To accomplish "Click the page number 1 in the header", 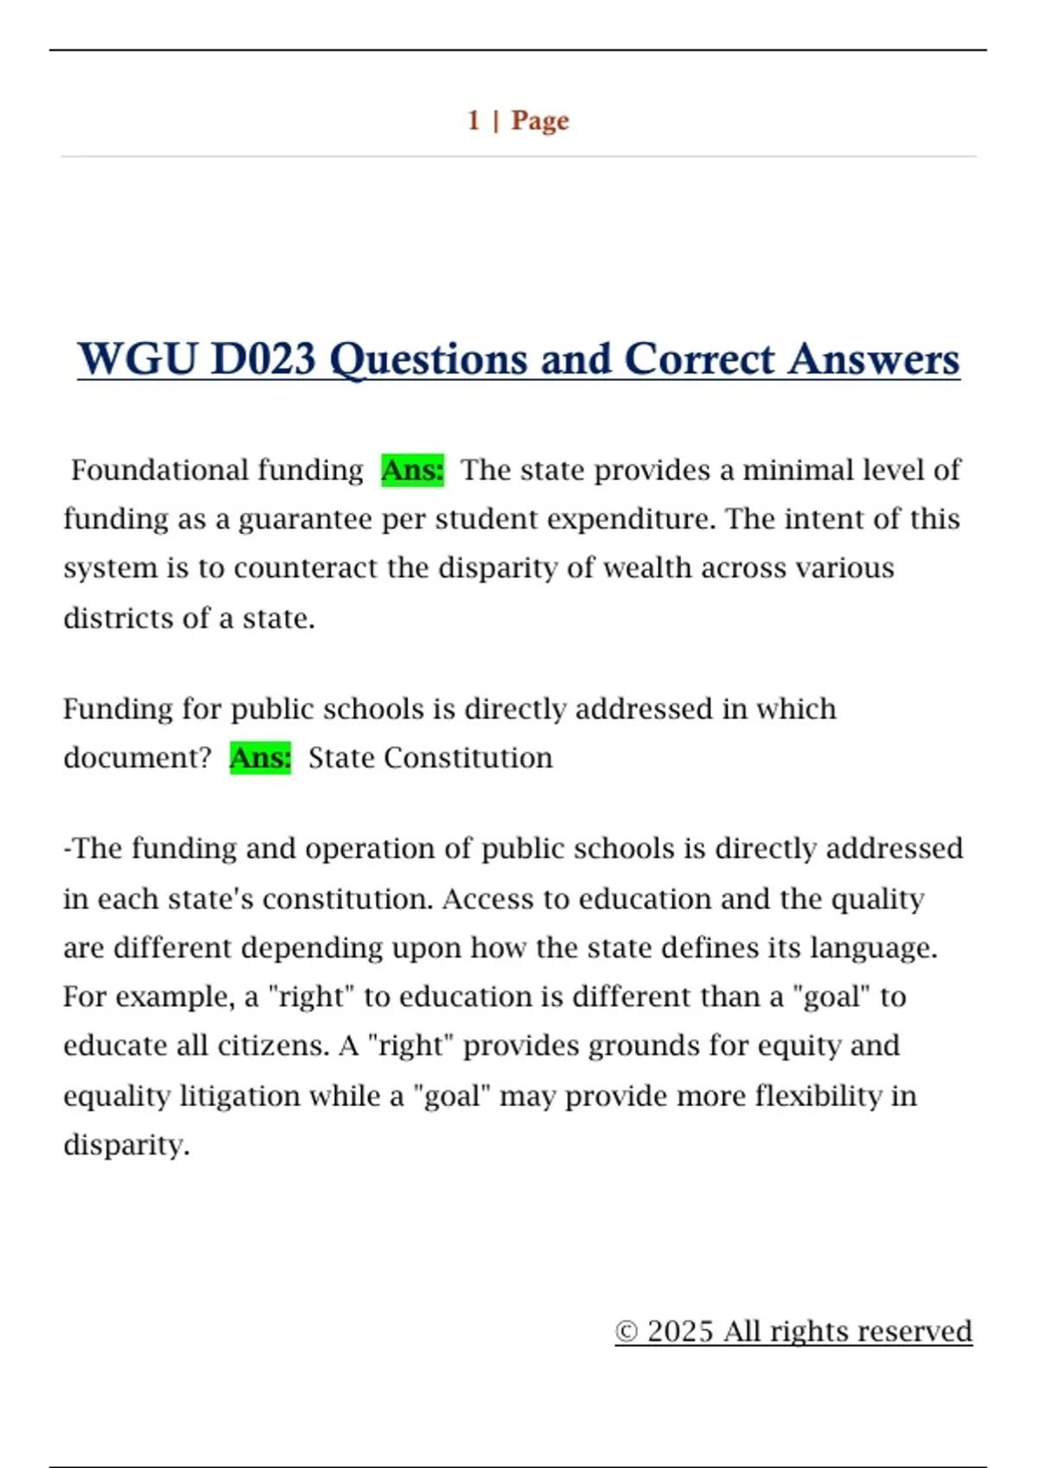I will pyautogui.click(x=474, y=120).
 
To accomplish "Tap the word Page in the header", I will pyautogui.click(x=540, y=120).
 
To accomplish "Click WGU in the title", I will pyautogui.click(x=137, y=359).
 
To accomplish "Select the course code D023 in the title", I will pyautogui.click(x=264, y=359).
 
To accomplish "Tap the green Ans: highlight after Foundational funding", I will pyautogui.click(x=412, y=470).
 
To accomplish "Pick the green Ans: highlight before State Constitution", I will pyautogui.click(x=260, y=757).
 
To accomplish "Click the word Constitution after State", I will pyautogui.click(x=468, y=757).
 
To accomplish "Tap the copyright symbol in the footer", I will pyautogui.click(x=627, y=1332).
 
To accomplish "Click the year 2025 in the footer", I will pyautogui.click(x=680, y=1332).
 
